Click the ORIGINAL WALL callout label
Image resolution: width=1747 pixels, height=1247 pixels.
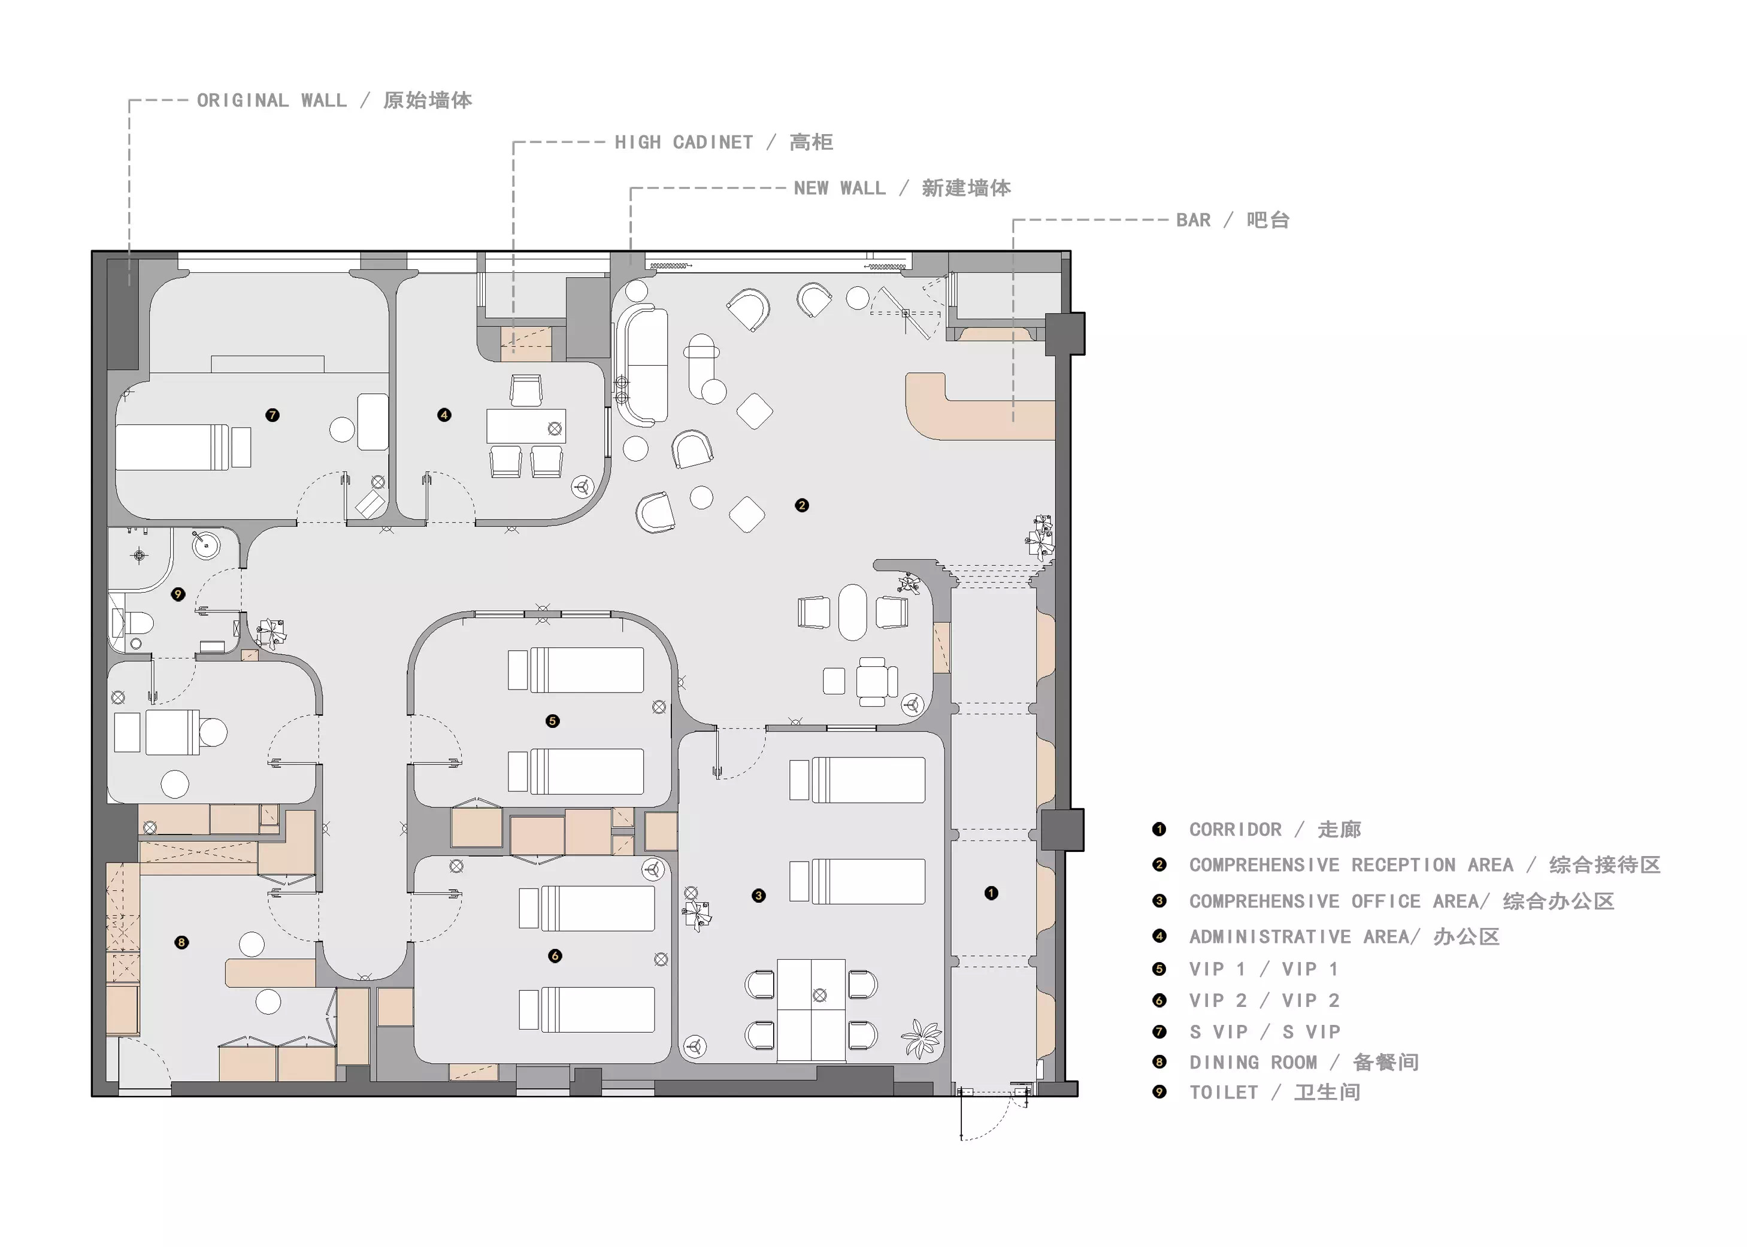334,101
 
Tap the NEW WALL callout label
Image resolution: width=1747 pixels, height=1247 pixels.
902,188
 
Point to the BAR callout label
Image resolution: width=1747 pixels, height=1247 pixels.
1233,220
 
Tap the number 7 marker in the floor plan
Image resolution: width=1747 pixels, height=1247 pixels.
272,415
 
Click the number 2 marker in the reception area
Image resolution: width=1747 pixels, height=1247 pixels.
802,505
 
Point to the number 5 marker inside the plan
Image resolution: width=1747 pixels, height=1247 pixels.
552,721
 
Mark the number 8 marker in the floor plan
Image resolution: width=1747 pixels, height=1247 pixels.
181,942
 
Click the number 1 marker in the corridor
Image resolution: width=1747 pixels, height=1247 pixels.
991,893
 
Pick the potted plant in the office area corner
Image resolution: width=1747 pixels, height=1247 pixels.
921,1038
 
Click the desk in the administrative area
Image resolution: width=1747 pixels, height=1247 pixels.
526,426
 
